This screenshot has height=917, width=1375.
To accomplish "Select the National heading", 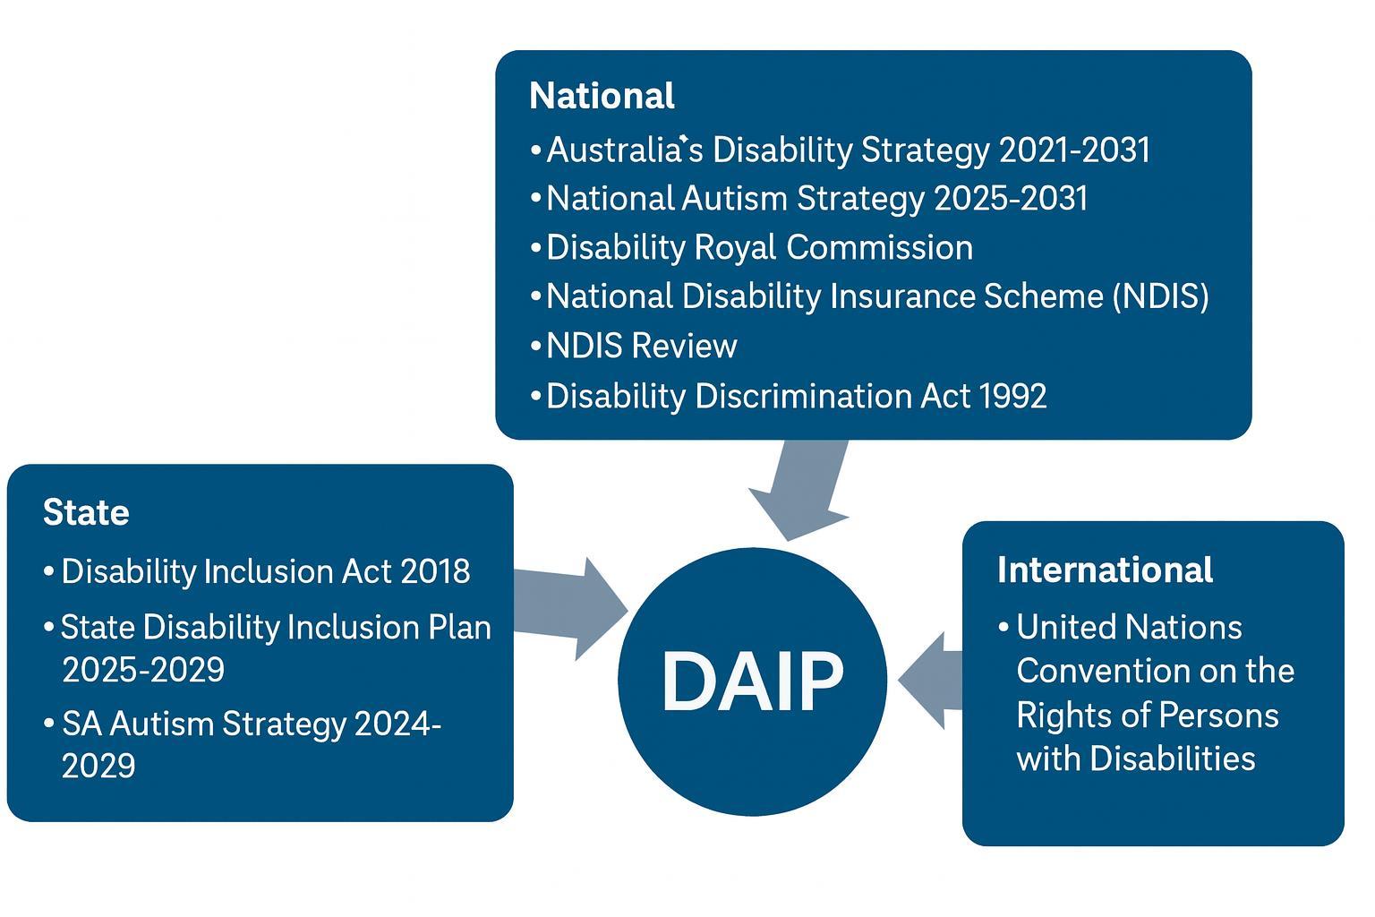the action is pyautogui.click(x=602, y=96).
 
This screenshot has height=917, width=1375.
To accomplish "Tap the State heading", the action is pyautogui.click(x=86, y=512).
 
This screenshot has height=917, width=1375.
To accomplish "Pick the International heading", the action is pyautogui.click(x=1105, y=570).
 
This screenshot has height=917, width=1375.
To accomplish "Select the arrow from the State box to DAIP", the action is pyautogui.click(x=573, y=607).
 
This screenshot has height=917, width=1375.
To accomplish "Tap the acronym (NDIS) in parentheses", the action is pyautogui.click(x=1160, y=296).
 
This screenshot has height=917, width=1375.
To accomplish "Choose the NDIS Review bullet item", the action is pyautogui.click(x=641, y=346).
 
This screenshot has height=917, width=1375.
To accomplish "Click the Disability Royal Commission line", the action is pyautogui.click(x=759, y=247).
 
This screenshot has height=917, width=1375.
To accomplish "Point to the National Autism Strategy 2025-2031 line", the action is pyautogui.click(x=816, y=198).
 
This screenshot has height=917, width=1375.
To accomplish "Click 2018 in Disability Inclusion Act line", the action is pyautogui.click(x=435, y=571).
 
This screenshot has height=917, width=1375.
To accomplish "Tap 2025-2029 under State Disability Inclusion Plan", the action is pyautogui.click(x=143, y=670).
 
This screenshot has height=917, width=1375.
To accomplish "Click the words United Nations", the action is pyautogui.click(x=1129, y=627).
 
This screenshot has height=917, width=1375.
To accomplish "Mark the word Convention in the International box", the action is pyautogui.click(x=1103, y=671).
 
